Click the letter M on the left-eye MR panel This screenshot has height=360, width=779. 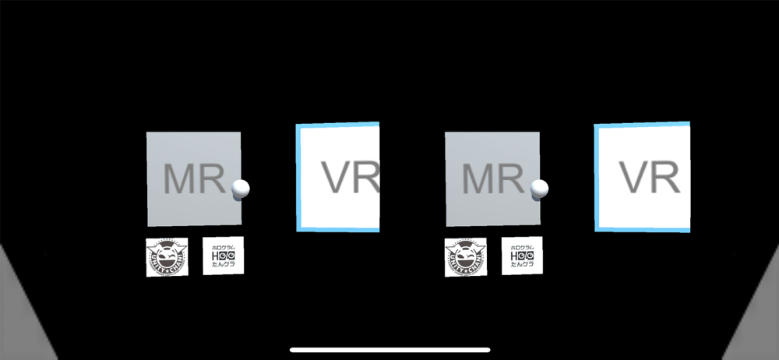178,180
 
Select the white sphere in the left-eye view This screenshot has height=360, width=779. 241,189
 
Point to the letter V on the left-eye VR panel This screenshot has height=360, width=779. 340,178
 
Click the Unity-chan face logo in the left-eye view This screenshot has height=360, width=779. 167,256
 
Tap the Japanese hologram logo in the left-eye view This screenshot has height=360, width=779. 223,255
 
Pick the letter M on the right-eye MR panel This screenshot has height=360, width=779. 477,180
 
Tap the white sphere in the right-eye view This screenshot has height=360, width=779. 539,189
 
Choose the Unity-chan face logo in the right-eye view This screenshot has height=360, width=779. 466,256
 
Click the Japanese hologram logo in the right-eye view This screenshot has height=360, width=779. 522,255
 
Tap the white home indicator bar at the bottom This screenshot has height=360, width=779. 389,350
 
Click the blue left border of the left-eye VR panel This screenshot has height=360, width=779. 298,178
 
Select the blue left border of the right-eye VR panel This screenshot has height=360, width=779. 597,177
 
